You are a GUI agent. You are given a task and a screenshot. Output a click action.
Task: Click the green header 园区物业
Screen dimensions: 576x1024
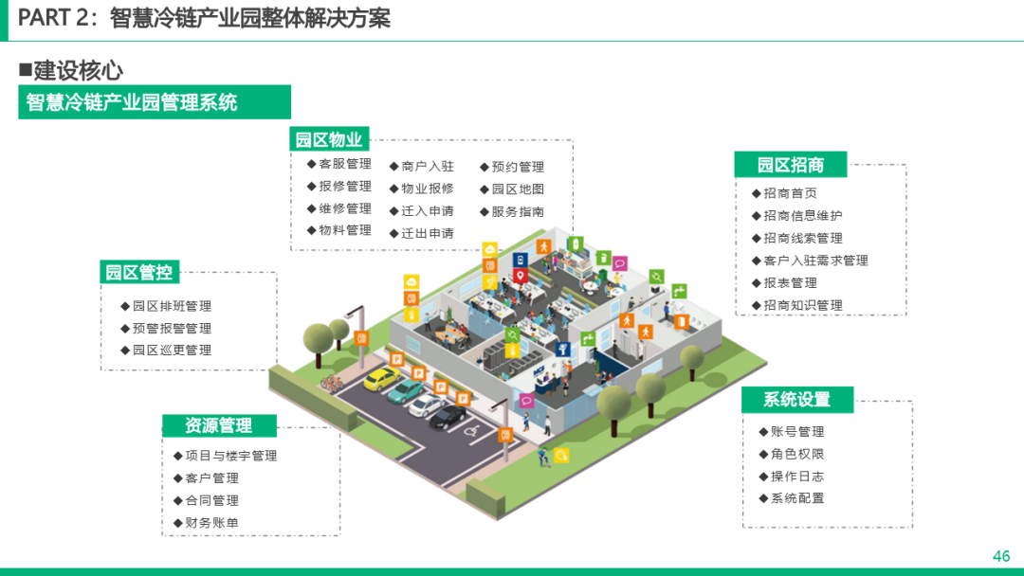[328, 140]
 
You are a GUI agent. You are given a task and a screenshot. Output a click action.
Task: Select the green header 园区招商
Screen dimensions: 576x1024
[790, 165]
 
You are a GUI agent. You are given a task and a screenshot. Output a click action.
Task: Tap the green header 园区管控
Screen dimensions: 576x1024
[138, 273]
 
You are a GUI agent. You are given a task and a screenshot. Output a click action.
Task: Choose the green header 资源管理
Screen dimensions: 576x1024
[218, 426]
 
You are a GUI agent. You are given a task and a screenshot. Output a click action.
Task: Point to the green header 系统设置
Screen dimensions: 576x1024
[797, 400]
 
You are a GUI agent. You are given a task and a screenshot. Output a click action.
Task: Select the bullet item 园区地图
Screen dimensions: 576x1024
[518, 189]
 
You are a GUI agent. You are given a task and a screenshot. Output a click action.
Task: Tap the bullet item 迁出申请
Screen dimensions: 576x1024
[427, 233]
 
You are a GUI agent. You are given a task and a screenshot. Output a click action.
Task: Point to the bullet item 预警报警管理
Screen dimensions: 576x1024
[172, 329]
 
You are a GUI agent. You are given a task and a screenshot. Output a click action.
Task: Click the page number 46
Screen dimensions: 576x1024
[1001, 556]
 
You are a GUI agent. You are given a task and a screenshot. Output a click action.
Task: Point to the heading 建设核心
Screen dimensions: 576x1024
[78, 70]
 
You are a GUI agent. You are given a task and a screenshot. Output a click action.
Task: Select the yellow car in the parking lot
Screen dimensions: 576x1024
[380, 379]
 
